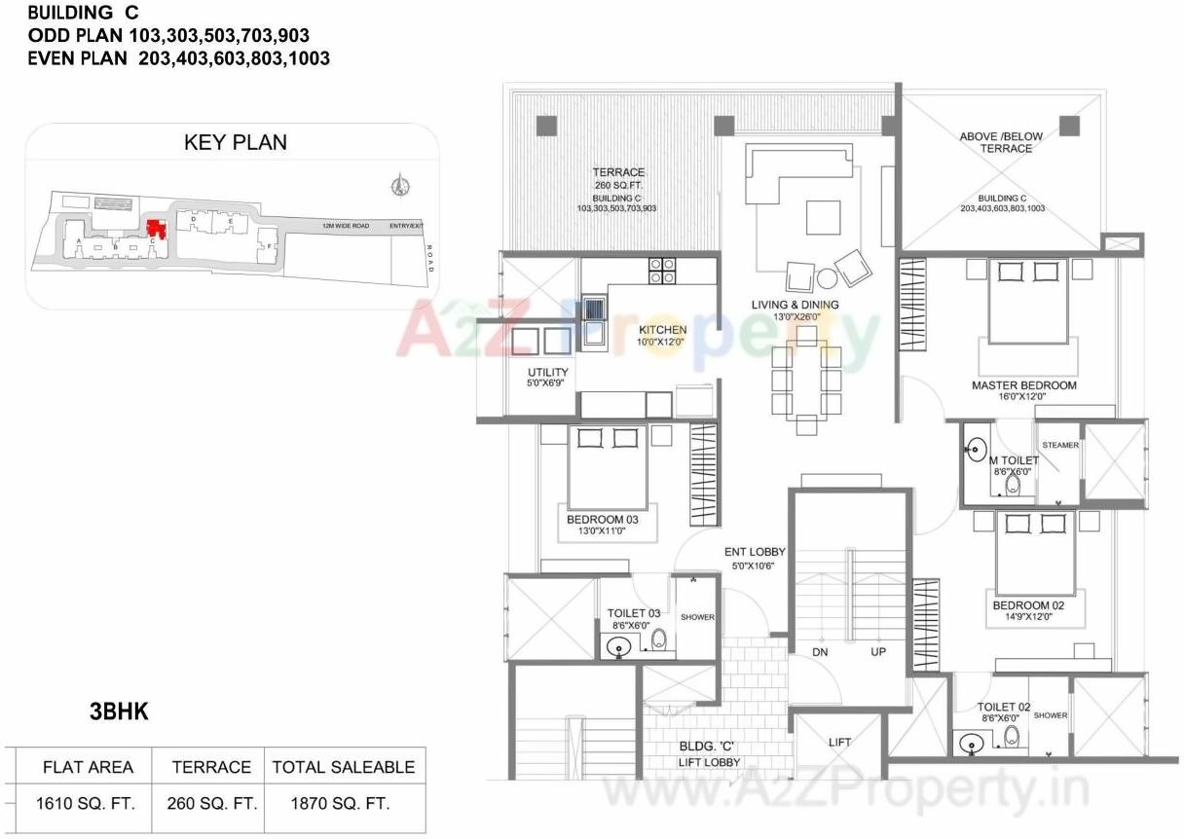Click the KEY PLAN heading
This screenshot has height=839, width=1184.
pyautogui.click(x=235, y=142)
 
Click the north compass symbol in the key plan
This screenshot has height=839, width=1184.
pyautogui.click(x=397, y=184)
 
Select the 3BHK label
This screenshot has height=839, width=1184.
pyautogui.click(x=119, y=712)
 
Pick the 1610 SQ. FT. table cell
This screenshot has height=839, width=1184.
pyautogui.click(x=87, y=804)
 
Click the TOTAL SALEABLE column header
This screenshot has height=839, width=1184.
pyautogui.click(x=343, y=767)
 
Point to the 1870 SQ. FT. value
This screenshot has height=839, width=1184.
pyautogui.click(x=342, y=804)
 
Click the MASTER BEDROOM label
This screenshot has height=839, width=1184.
pyautogui.click(x=1024, y=385)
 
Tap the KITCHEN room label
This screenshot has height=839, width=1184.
pyautogui.click(x=663, y=330)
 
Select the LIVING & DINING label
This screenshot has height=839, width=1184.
pyautogui.click(x=795, y=305)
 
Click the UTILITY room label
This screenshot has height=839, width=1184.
pyautogui.click(x=548, y=373)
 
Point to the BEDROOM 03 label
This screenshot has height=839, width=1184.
pyautogui.click(x=603, y=520)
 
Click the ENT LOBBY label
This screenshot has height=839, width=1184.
pyautogui.click(x=755, y=552)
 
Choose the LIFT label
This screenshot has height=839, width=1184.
pyautogui.click(x=839, y=742)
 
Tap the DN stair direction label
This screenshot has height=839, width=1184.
pyautogui.click(x=820, y=651)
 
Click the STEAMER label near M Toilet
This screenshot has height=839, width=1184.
pyautogui.click(x=1060, y=445)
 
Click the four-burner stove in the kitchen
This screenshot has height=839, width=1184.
pyautogui.click(x=663, y=270)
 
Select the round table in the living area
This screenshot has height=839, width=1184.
pyautogui.click(x=827, y=278)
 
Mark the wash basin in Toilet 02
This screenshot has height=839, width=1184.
pyautogui.click(x=971, y=744)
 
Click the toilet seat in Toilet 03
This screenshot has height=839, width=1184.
pyautogui.click(x=659, y=639)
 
